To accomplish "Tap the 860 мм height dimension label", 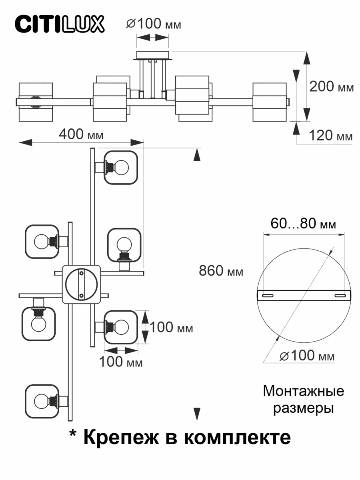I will click(x=221, y=272).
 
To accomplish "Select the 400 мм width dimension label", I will click(x=81, y=134).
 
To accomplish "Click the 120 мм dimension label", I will click(x=331, y=136).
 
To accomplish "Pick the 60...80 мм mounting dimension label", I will click(x=303, y=224).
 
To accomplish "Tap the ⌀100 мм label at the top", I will click(x=154, y=24).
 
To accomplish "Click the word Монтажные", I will click(x=303, y=391).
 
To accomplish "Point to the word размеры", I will click(x=303, y=409).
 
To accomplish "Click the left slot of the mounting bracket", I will click(x=267, y=296).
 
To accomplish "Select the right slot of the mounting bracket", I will click(x=340, y=296).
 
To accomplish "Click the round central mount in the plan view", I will click(x=81, y=284).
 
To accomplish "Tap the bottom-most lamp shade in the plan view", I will click(x=42, y=400).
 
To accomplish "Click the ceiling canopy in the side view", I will click(x=153, y=55).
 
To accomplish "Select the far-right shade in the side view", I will click(x=270, y=102).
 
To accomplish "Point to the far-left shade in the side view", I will click(x=36, y=102).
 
